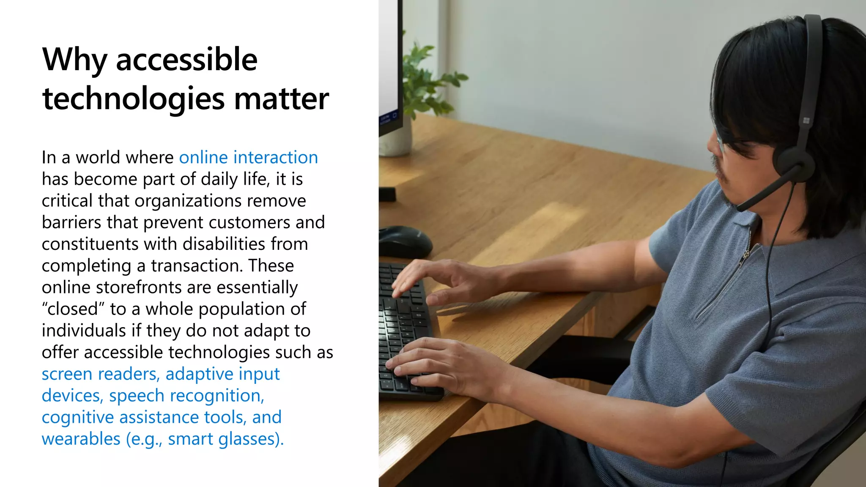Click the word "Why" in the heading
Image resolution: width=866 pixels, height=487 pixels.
click(74, 60)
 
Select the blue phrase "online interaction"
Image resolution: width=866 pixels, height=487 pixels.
click(248, 157)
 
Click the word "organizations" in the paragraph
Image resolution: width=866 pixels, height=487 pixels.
click(188, 201)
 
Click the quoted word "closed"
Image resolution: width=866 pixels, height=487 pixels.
click(73, 309)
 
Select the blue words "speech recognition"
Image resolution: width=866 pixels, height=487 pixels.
click(186, 396)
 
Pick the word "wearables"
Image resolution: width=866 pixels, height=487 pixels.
click(81, 439)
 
